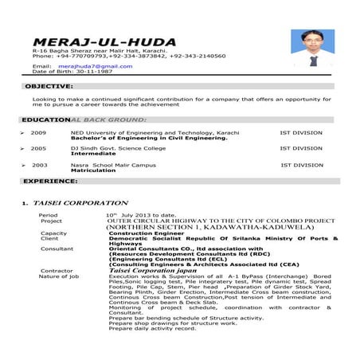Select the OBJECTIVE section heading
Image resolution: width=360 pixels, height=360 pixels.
point(50,85)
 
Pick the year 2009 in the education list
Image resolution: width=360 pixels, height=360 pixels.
point(38,132)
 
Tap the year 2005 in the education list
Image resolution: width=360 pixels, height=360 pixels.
point(38,148)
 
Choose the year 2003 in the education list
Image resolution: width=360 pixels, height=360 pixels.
point(40,165)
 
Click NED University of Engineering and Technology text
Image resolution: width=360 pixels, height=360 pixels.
point(143,132)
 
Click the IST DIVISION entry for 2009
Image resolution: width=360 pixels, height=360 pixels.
point(301,132)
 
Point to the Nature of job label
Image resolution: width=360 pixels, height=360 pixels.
point(59,276)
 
